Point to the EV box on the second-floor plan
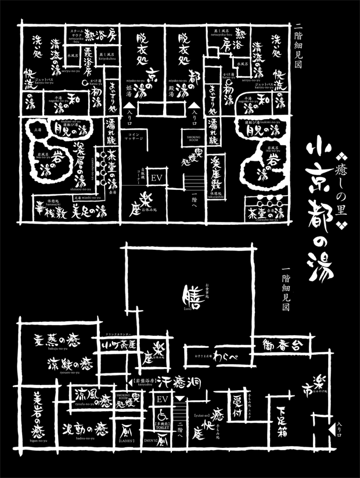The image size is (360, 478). pyautogui.click(x=156, y=176)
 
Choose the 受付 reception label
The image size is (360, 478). pyautogui.click(x=237, y=403)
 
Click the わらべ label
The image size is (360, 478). pyautogui.click(x=224, y=355)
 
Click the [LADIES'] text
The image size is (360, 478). pyautogui.click(x=127, y=442)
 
